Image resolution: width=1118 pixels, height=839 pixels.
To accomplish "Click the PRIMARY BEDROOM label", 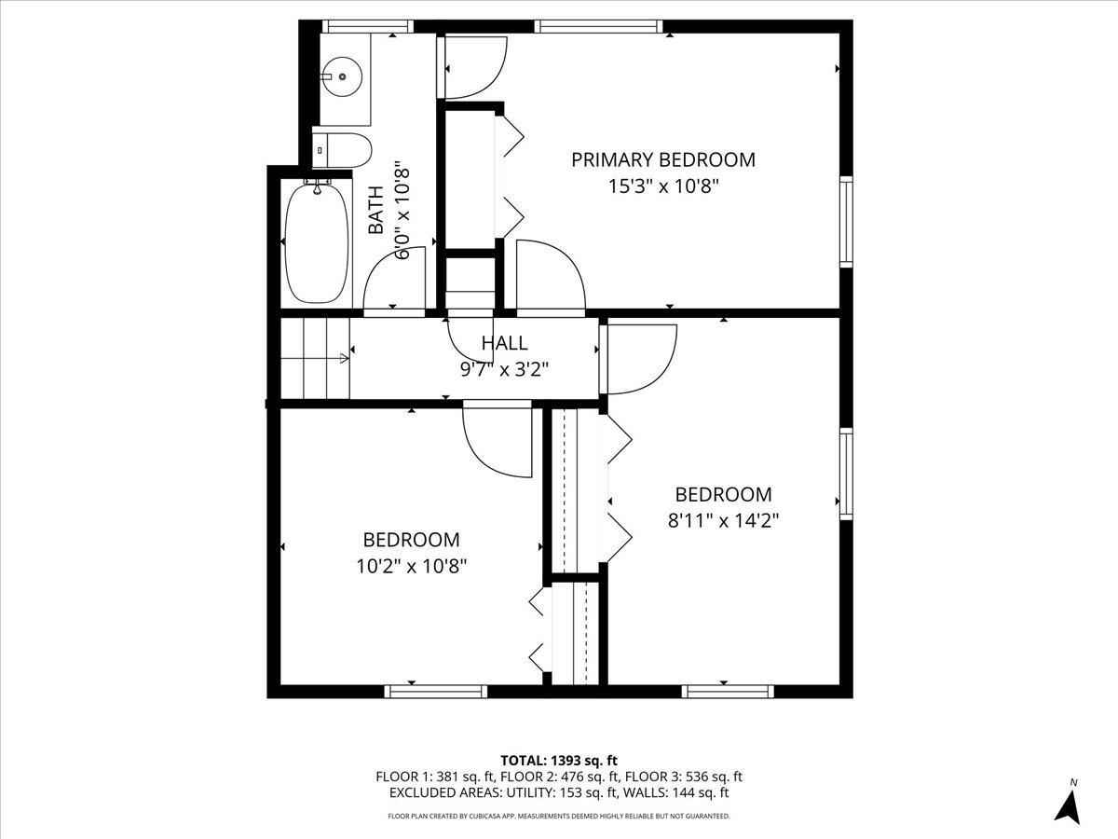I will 662,159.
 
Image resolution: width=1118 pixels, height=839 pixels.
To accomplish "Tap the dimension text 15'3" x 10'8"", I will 662,186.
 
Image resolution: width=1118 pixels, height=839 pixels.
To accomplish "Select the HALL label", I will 504,343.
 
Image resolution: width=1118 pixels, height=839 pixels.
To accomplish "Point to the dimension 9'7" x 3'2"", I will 504,368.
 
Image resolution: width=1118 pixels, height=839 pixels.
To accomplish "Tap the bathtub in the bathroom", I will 318,241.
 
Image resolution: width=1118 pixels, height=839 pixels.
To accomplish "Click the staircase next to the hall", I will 315,358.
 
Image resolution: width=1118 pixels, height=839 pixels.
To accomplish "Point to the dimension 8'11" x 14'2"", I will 723,520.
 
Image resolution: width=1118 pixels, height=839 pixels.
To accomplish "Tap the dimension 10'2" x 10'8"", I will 411,565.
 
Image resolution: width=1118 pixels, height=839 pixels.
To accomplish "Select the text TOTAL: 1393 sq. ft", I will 559,759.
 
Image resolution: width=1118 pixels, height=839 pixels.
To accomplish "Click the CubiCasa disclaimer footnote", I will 559,816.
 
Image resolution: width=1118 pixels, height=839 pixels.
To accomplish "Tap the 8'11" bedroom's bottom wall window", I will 728,691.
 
